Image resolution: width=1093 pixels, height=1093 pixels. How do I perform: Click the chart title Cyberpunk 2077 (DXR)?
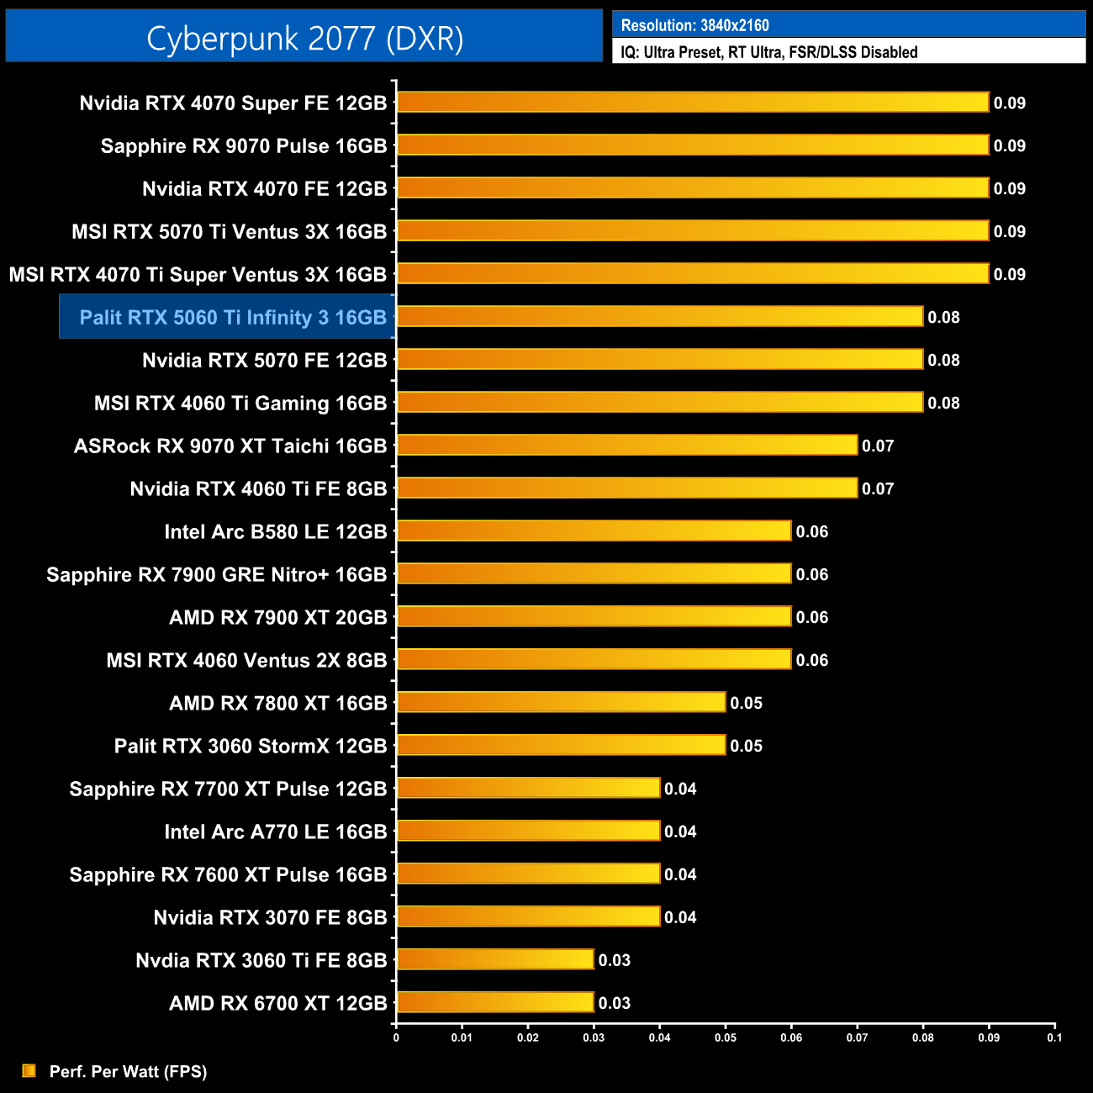[x=304, y=39]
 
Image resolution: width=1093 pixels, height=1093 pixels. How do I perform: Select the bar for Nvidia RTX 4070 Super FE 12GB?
[x=693, y=103]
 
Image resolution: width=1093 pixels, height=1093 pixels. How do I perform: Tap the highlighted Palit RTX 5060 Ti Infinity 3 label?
[x=232, y=317]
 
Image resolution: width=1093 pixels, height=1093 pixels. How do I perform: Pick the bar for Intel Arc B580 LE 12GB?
[x=594, y=531]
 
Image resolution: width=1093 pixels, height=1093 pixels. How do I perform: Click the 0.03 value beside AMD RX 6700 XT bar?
[x=615, y=1003]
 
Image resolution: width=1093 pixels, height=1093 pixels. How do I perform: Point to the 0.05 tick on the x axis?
[x=726, y=1038]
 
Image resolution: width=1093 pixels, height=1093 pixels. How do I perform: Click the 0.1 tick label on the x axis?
[x=1054, y=1038]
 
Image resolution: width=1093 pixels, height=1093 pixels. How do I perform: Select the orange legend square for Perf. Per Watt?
[x=29, y=1070]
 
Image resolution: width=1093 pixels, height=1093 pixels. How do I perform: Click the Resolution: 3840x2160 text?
[x=694, y=25]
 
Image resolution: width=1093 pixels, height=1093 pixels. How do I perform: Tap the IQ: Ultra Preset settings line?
[x=768, y=52]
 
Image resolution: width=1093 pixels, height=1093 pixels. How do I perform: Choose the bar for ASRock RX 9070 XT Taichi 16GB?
[x=627, y=446]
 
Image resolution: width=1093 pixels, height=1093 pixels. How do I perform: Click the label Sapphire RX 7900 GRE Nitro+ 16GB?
[x=216, y=575]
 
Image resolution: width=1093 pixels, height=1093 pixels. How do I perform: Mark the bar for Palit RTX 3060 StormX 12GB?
[x=561, y=746]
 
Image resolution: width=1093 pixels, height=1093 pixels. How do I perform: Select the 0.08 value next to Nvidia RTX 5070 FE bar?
[x=943, y=360]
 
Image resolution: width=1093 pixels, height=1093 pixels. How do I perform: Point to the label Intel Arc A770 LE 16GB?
[x=275, y=832]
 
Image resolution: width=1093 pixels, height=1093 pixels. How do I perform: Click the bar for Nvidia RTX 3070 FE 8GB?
[x=528, y=917]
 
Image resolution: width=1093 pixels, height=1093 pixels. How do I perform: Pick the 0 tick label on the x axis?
[x=396, y=1038]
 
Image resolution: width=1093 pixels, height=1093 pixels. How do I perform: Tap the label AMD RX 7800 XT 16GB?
[x=277, y=704]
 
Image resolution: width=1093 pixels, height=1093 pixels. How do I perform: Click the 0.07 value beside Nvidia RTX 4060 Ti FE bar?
[x=878, y=488]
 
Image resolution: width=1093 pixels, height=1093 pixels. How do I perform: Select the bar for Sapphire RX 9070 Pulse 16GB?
[x=693, y=145]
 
